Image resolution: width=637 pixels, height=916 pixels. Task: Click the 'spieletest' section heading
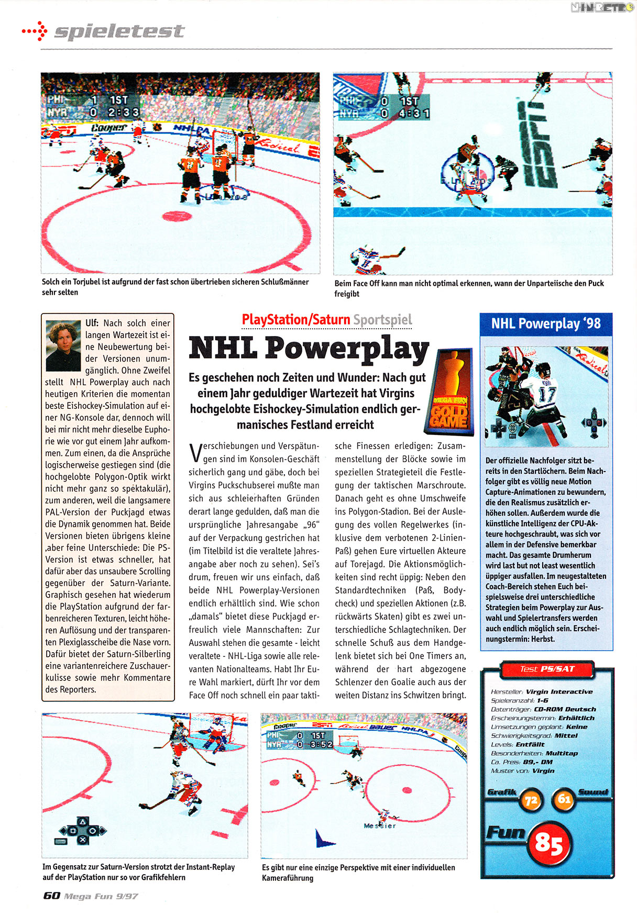(119, 31)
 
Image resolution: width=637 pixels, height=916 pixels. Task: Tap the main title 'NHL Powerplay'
(309, 348)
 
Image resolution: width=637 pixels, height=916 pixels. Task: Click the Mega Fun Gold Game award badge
(449, 392)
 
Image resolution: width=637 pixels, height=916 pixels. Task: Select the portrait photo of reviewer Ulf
(63, 346)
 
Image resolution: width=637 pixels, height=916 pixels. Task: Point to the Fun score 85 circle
(548, 844)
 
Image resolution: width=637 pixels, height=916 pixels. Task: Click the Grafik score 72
(531, 801)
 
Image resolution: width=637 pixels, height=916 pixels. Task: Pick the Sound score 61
(564, 799)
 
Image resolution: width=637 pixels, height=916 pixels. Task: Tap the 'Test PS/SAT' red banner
(547, 669)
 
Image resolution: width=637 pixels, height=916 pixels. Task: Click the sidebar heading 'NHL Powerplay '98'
(546, 323)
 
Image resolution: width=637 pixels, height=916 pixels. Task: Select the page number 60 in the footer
(51, 896)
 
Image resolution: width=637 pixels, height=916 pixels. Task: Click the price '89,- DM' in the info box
(535, 762)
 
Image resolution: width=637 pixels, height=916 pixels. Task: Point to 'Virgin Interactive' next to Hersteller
(559, 691)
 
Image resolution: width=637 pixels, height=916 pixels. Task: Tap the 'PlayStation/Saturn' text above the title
(296, 319)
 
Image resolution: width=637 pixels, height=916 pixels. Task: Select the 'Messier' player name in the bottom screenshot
(380, 825)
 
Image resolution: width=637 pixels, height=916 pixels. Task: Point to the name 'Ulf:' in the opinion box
(92, 323)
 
